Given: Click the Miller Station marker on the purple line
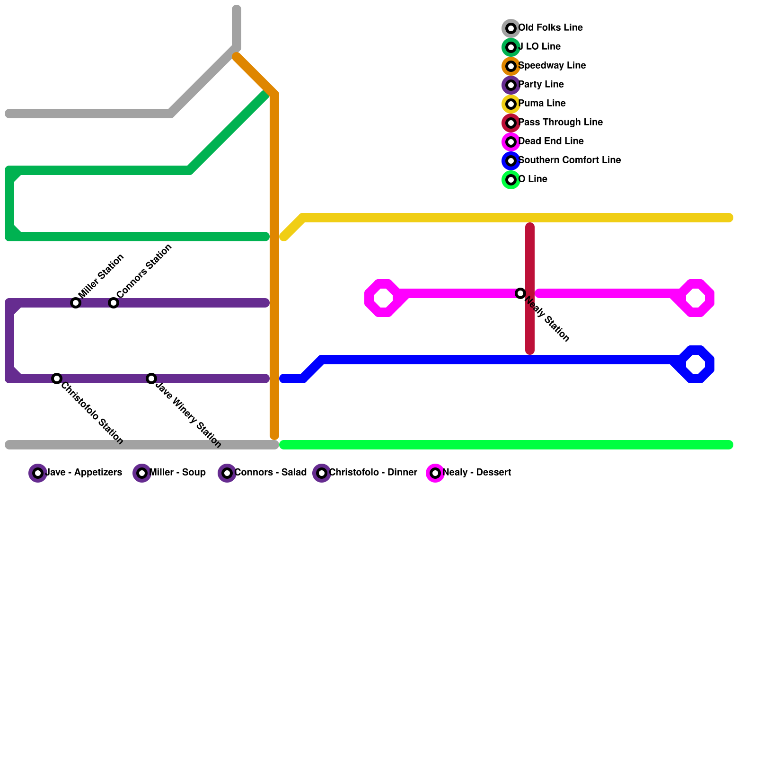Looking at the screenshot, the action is coord(76,303).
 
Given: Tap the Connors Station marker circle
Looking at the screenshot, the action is coord(114,303).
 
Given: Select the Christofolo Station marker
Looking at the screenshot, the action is coord(57,378).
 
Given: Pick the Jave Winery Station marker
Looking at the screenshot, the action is coord(151,378).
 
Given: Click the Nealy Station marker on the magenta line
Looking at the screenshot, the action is coord(520,293).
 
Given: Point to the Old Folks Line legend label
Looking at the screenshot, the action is coord(550,28).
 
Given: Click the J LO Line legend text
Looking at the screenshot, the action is coord(539,47).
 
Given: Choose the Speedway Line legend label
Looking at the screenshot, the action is coord(552,66).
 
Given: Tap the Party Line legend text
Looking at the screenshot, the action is coord(541,85).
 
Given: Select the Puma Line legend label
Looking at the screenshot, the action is coord(542,104).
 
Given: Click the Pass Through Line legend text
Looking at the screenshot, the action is coord(560,123).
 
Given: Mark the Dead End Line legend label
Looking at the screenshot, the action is coord(551,141).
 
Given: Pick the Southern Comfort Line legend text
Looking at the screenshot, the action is coord(569,160).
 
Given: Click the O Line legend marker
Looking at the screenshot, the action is coord(511,180).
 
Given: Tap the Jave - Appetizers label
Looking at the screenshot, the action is coord(83,473).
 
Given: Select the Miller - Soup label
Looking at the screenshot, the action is coord(177,473).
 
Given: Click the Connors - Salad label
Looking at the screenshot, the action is coord(270,473).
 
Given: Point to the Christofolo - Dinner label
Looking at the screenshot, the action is coord(373,473).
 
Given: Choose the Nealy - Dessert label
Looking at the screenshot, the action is coord(476,473).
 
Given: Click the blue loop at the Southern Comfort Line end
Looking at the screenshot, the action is coord(695,364).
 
